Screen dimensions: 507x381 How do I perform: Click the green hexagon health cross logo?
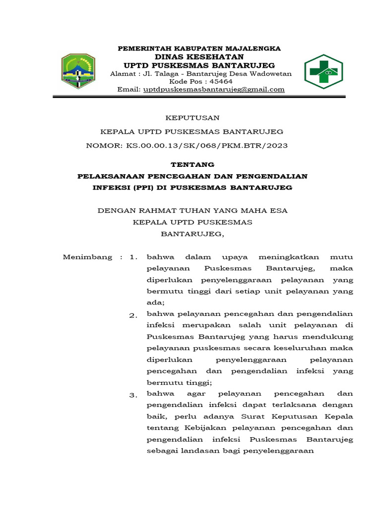[x=323, y=72]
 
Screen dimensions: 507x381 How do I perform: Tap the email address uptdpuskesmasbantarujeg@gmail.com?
[x=214, y=90]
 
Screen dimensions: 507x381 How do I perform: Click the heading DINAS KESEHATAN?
[x=199, y=57]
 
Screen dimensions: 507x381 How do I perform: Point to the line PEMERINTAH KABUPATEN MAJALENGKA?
[x=198, y=49]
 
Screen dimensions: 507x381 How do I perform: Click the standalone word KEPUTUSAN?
[x=192, y=118]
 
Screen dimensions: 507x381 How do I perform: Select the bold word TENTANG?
[x=192, y=165]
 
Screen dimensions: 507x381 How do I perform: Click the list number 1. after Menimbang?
[x=132, y=257]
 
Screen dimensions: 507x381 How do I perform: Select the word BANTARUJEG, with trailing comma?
[x=192, y=234]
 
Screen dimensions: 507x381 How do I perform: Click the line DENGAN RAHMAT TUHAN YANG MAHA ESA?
[x=192, y=210]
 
